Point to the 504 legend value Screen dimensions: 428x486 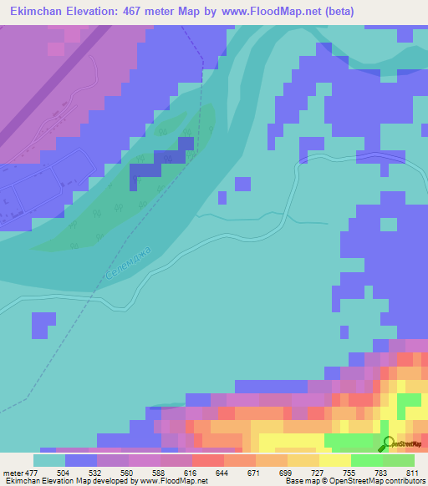click(x=81, y=472)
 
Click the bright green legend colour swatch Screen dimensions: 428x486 click(x=367, y=460)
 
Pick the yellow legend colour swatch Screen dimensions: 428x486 click(x=335, y=460)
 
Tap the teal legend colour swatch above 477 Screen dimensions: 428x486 click(x=49, y=460)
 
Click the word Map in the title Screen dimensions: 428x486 click(x=199, y=12)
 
